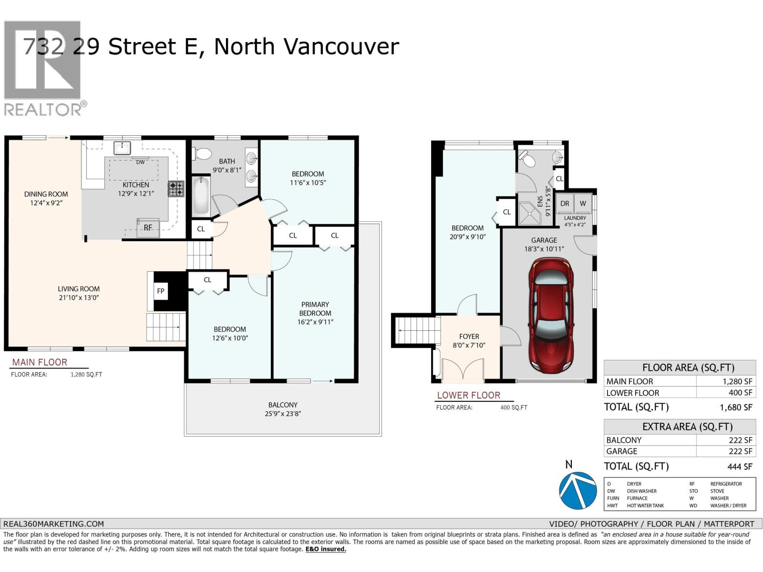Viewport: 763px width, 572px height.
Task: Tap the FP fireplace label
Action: [x=161, y=291]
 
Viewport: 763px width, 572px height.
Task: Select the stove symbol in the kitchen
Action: [x=175, y=189]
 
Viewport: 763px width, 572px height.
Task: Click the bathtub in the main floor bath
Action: [x=201, y=196]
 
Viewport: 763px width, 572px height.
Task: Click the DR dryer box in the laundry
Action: [x=565, y=204]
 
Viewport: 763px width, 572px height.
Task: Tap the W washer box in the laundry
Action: [x=583, y=204]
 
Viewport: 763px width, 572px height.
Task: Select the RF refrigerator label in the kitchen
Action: [x=148, y=227]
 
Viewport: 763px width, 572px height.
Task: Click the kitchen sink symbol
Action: [x=123, y=148]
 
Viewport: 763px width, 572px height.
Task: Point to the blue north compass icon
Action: [x=577, y=490]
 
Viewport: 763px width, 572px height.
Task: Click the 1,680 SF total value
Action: [x=736, y=408]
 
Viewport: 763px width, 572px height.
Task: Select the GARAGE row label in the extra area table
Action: [x=621, y=451]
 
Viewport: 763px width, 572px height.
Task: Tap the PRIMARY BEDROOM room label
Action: [x=315, y=309]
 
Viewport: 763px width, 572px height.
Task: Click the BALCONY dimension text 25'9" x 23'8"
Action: [x=283, y=414]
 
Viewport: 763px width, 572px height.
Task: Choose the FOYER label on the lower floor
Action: [x=469, y=336]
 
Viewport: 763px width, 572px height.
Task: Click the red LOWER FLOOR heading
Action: [x=468, y=395]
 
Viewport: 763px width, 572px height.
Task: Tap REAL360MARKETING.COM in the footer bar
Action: [x=53, y=523]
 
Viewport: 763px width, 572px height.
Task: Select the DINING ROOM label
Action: [x=46, y=194]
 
